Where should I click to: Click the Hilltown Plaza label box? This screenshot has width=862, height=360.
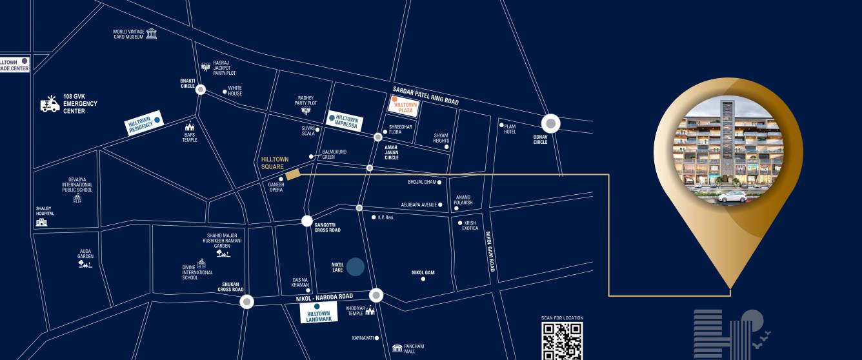pos(404,106)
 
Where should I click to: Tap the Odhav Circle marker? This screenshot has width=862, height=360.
pos(550,123)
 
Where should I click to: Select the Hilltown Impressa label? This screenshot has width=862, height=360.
pos(345,121)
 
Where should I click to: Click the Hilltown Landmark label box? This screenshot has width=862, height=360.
pos(319,313)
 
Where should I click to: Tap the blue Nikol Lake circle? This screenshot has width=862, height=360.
pos(356,266)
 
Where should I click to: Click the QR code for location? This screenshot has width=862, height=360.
pos(561,341)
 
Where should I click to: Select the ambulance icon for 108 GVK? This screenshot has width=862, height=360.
pos(50,104)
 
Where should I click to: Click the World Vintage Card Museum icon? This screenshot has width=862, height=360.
pos(152,34)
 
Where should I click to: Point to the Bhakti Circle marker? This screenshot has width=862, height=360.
pos(201,90)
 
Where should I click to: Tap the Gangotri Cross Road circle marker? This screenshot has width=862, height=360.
pos(307,221)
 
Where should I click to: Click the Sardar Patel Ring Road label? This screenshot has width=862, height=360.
pos(425,96)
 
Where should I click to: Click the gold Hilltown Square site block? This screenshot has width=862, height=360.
pos(293,174)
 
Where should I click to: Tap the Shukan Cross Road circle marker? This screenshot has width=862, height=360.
pos(246,301)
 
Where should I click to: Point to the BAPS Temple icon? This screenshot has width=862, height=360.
pos(190,126)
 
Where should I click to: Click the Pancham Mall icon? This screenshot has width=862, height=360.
pos(397,348)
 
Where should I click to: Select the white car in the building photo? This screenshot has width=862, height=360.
pos(732,197)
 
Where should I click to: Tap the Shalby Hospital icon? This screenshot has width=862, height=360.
pos(42,222)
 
